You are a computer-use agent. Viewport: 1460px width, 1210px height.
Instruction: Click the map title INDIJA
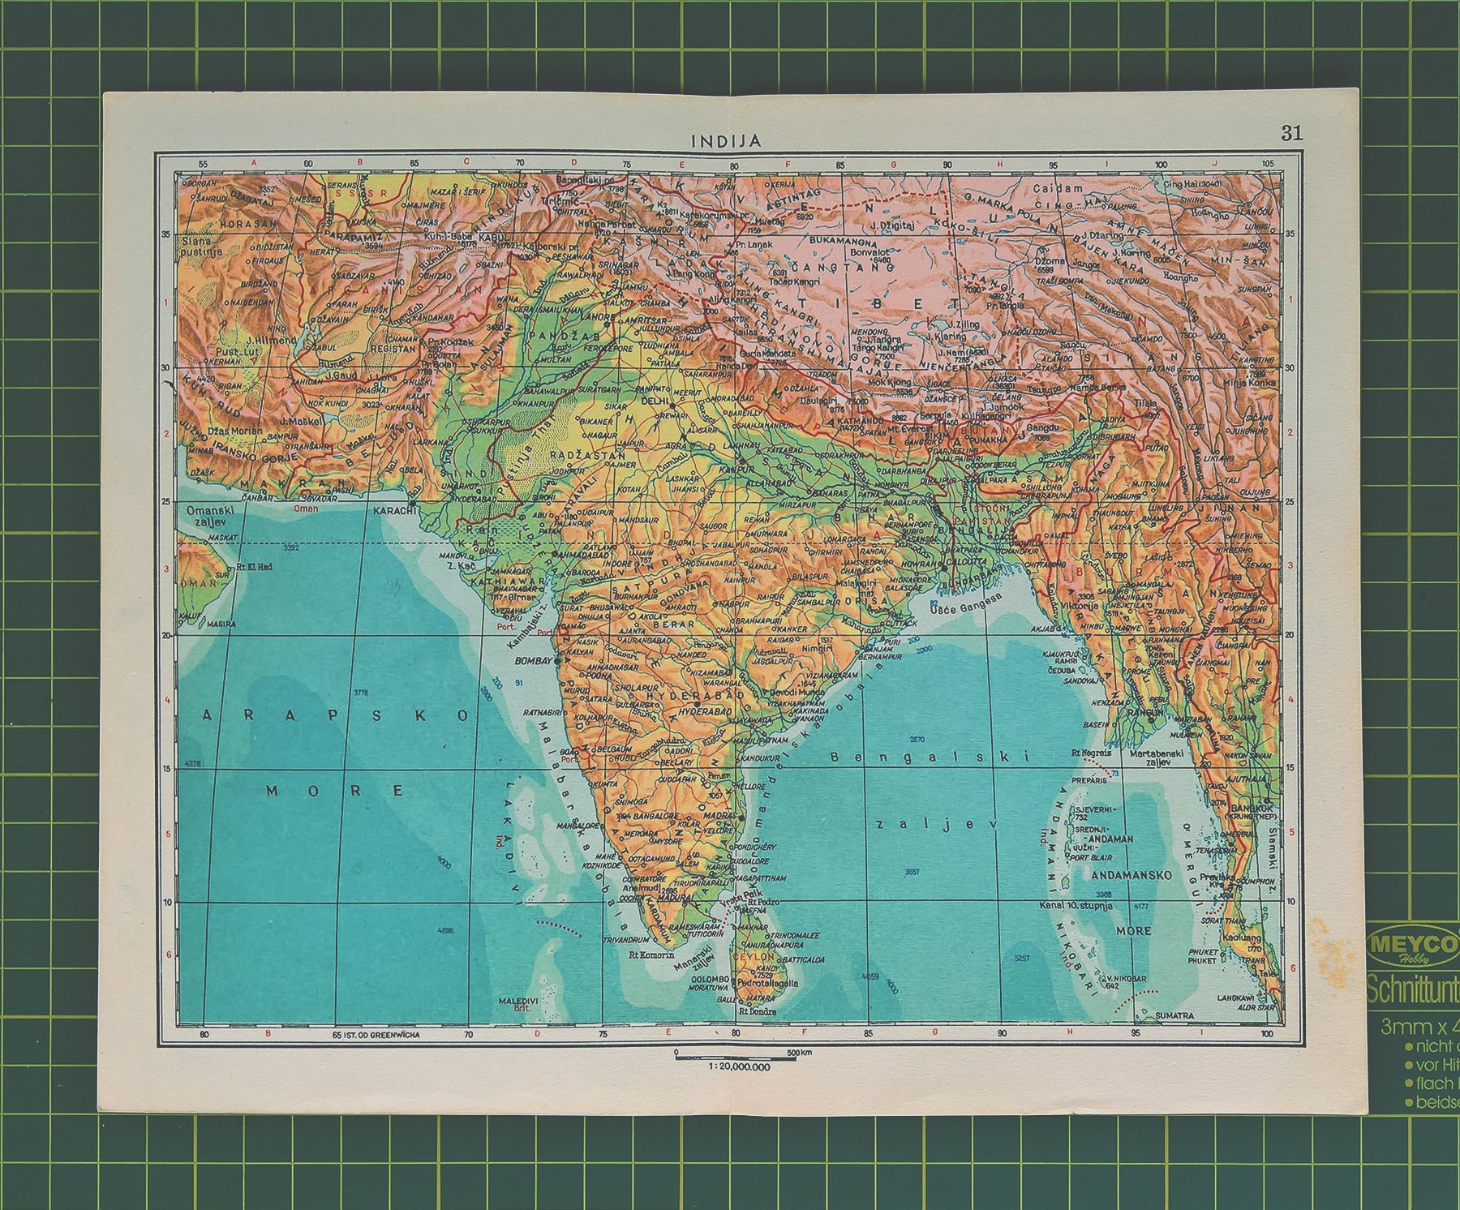[725, 140]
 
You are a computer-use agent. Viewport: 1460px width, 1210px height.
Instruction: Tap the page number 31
[1291, 133]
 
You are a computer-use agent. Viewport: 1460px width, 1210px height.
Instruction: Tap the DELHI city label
[653, 401]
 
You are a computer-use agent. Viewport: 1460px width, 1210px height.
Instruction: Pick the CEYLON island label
[751, 957]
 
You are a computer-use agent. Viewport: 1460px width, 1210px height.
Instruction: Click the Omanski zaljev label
[210, 516]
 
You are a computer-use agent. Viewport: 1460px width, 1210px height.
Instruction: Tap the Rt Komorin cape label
[651, 955]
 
